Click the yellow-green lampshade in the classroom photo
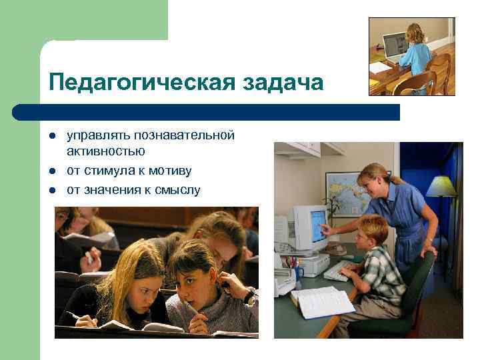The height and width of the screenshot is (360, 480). tap(441, 186)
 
